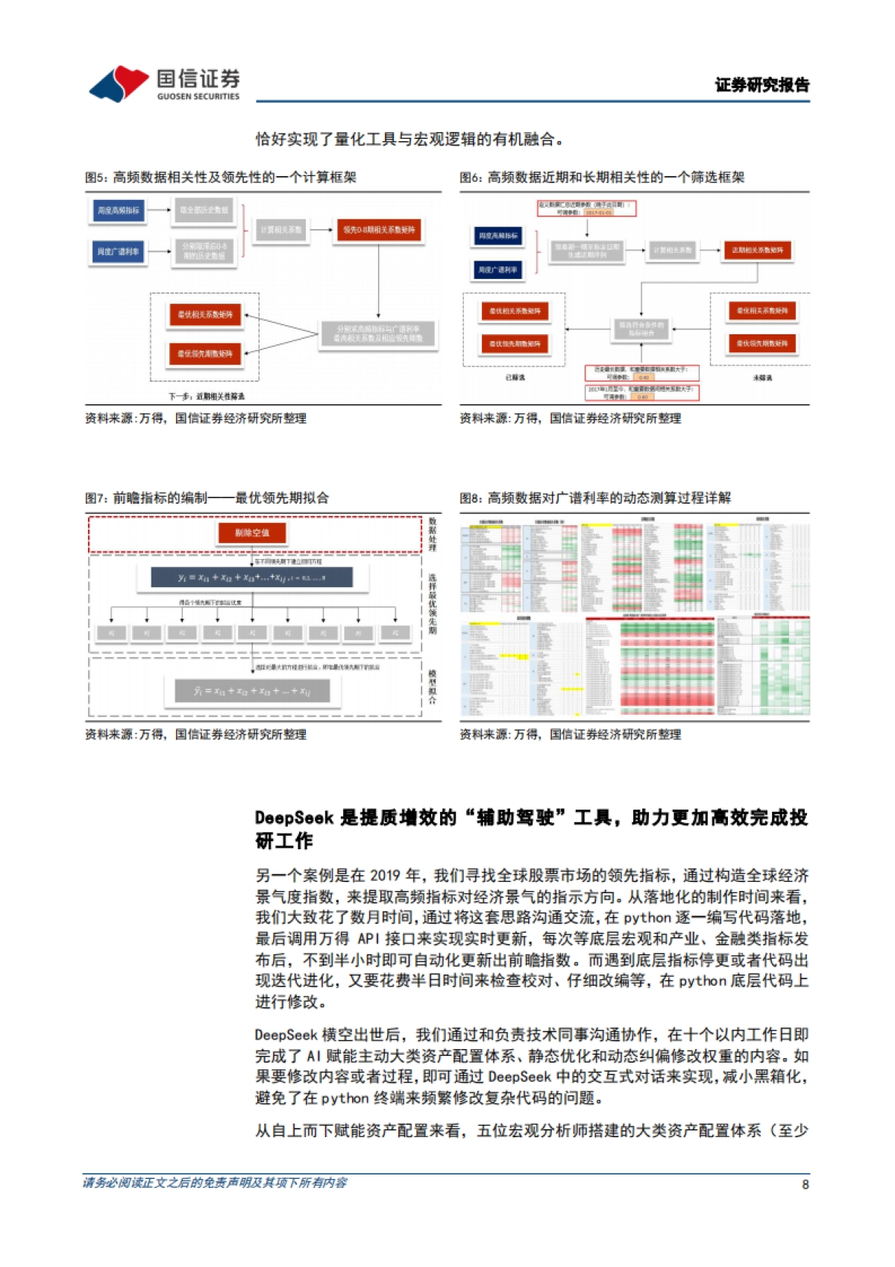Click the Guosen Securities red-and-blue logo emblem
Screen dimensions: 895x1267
point(119,83)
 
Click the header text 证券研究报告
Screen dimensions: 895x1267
point(761,85)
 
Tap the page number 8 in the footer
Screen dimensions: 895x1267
point(805,1184)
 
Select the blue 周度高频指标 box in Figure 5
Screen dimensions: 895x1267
point(119,211)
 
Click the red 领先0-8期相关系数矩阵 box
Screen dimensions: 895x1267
point(379,230)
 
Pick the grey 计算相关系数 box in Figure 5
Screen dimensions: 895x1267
point(281,230)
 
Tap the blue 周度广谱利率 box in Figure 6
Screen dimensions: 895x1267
point(498,269)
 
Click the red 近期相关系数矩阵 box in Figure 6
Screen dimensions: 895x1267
point(757,250)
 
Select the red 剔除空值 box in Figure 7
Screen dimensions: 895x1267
point(252,533)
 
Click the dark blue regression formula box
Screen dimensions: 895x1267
point(251,578)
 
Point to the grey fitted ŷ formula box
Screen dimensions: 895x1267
point(252,691)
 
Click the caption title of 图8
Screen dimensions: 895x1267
point(595,498)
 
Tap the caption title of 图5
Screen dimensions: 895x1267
point(221,177)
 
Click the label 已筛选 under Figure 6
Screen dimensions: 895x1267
point(515,378)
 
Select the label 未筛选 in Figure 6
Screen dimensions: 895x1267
point(762,378)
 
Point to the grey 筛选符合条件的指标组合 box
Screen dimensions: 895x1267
point(641,329)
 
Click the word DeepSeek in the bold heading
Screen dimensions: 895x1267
point(294,818)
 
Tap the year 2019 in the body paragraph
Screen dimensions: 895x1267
point(385,875)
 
